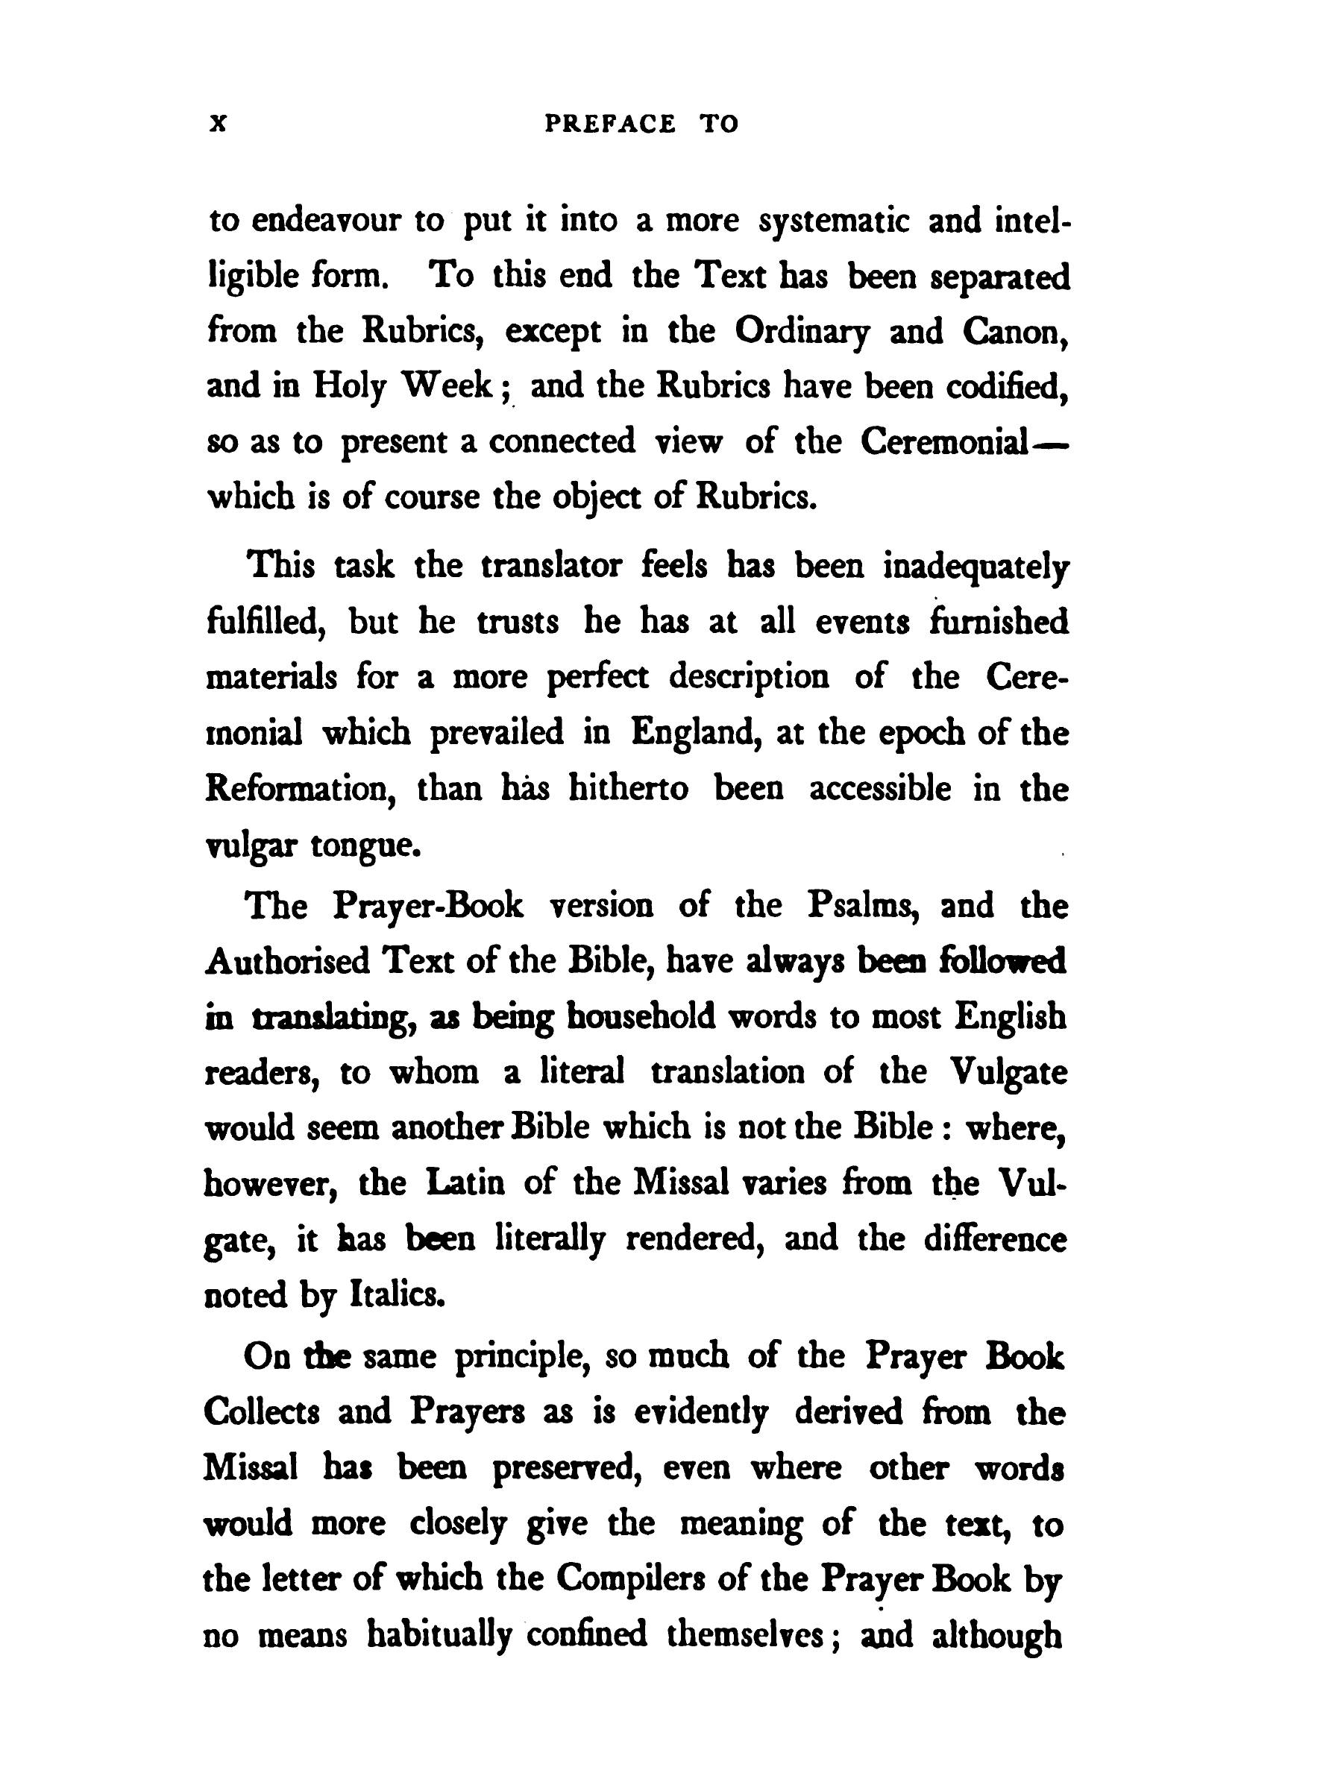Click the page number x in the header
pyautogui.click(x=219, y=125)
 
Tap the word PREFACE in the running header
pyautogui.click(x=609, y=125)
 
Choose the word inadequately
pyautogui.click(x=976, y=567)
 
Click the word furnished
pyautogui.click(x=998, y=623)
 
